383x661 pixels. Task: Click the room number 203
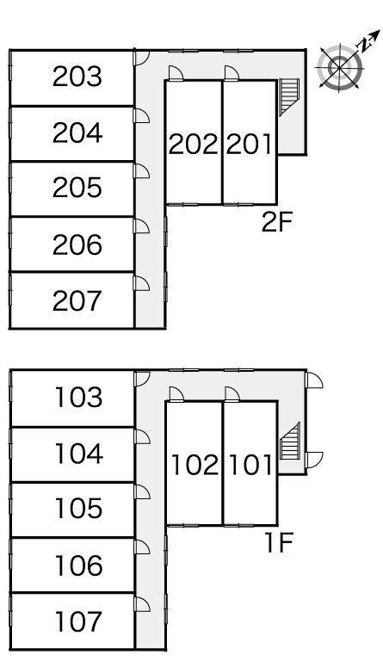(77, 77)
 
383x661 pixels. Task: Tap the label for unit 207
(77, 301)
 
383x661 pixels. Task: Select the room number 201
(249, 145)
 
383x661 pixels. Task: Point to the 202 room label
(194, 145)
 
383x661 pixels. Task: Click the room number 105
(79, 509)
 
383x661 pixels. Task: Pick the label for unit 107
(79, 621)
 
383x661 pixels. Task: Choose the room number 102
(195, 465)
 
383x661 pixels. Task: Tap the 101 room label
(250, 465)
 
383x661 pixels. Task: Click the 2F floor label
(277, 222)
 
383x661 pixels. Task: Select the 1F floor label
(278, 542)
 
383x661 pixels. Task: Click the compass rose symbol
(340, 67)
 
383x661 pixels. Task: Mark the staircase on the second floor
(289, 96)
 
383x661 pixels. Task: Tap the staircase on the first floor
(290, 441)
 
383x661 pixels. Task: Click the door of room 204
(141, 115)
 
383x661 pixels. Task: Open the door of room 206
(141, 226)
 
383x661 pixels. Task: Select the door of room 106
(142, 547)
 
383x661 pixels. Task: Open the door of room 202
(176, 73)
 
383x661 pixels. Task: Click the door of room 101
(232, 393)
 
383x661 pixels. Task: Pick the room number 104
(79, 454)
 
